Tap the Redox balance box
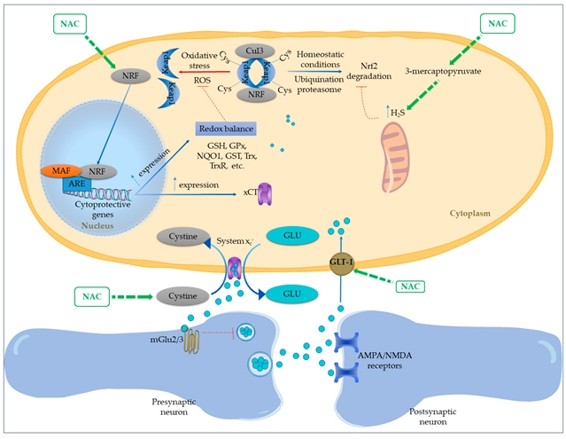[226, 129]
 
